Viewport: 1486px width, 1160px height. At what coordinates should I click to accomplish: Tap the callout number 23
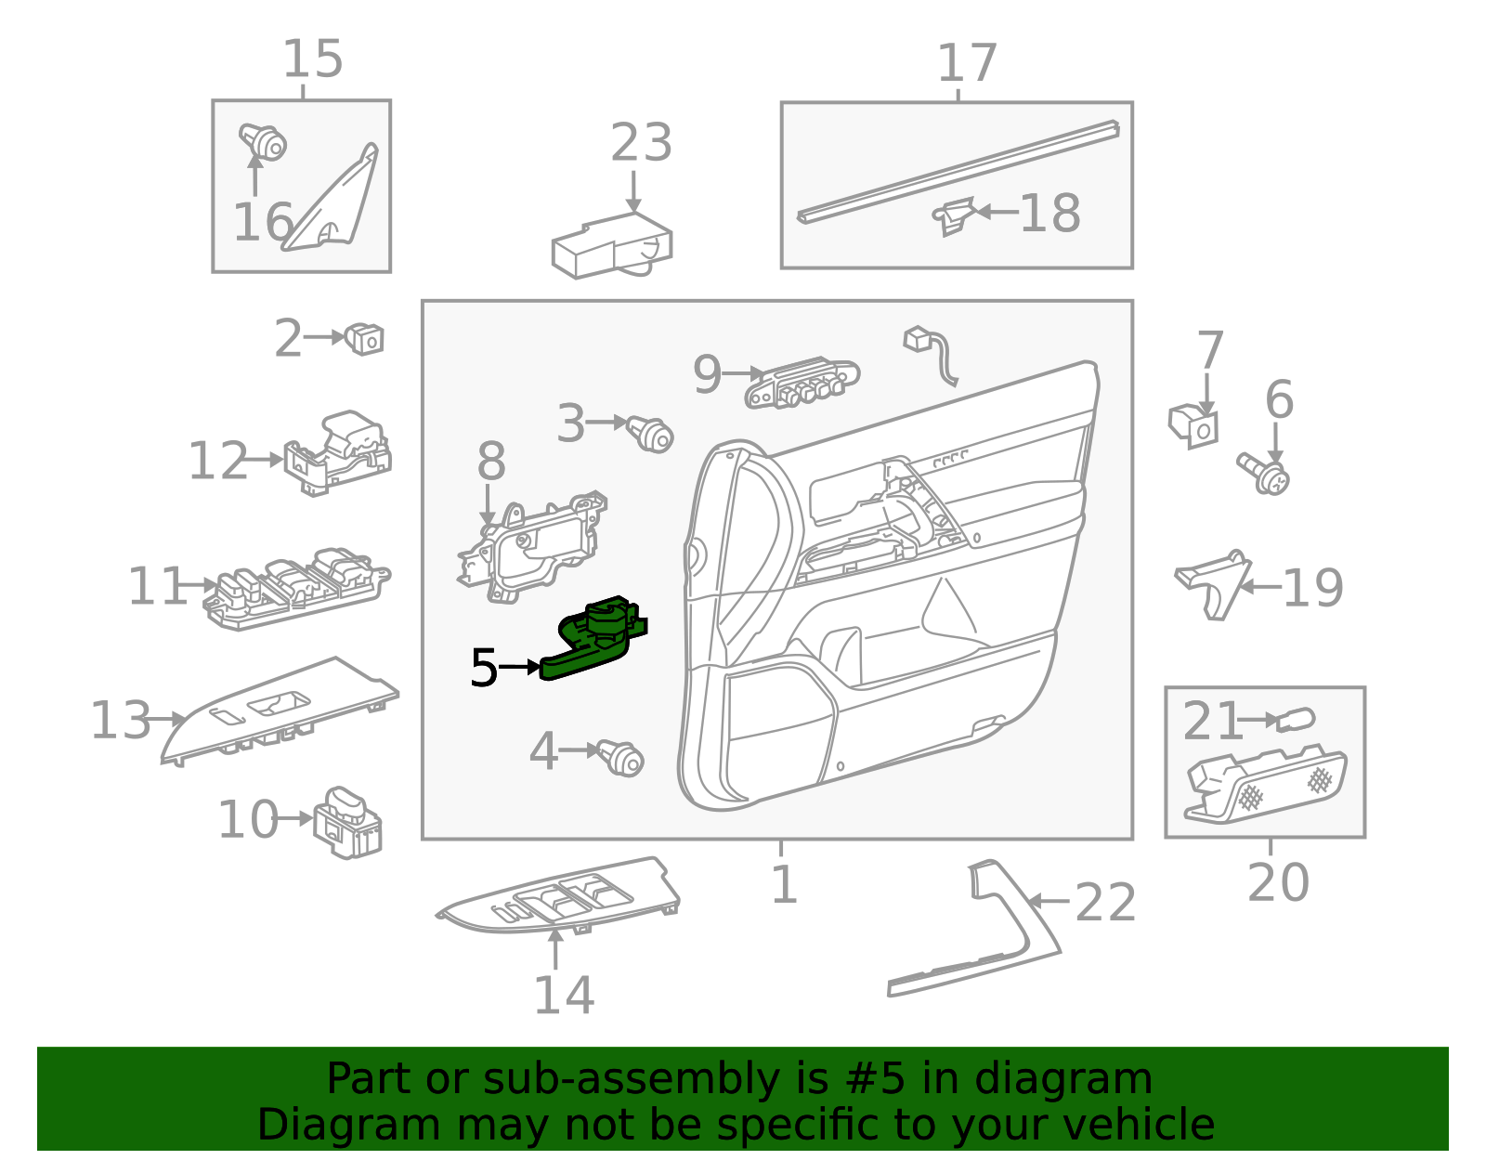[x=641, y=144]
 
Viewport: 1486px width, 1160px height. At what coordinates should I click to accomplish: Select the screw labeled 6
[x=1265, y=473]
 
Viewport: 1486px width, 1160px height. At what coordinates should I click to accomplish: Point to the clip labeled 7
[x=1193, y=426]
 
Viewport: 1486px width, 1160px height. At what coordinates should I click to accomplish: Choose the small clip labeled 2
[x=365, y=339]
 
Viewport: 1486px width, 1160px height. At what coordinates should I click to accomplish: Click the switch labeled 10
[x=347, y=822]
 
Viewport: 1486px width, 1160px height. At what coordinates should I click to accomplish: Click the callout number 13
[x=120, y=721]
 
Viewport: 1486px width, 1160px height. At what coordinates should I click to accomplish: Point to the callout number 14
[x=564, y=996]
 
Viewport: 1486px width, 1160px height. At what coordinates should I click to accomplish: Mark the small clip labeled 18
[x=953, y=216]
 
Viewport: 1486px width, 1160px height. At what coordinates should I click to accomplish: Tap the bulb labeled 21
[x=1296, y=720]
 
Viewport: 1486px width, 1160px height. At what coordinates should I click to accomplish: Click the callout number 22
[x=1105, y=903]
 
